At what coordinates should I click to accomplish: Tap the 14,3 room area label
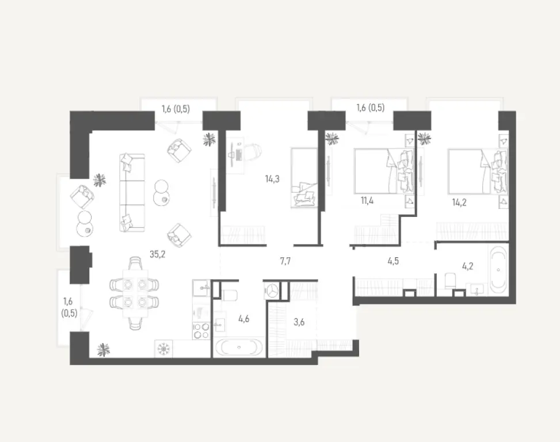pyautogui.click(x=272, y=179)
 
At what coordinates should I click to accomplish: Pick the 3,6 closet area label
pyautogui.click(x=299, y=322)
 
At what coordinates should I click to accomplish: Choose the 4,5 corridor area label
pyautogui.click(x=393, y=260)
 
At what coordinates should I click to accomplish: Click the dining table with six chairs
pyautogui.click(x=134, y=294)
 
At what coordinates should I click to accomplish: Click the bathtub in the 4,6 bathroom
pyautogui.click(x=239, y=348)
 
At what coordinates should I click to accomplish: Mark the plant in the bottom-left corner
pyautogui.click(x=103, y=349)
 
